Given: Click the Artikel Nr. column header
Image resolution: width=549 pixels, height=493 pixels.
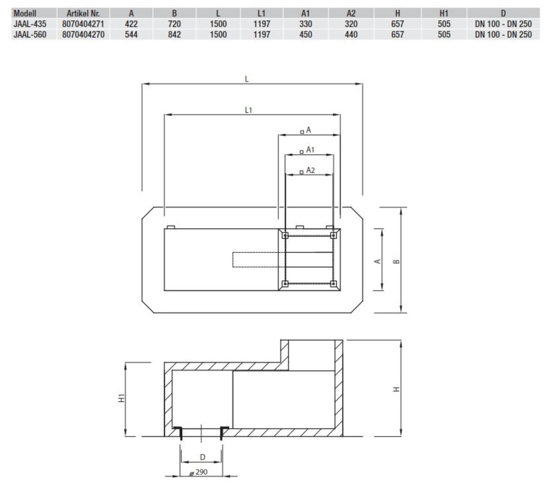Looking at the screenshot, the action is pyautogui.click(x=83, y=13).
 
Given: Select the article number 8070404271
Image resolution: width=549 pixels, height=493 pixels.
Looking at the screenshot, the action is pyautogui.click(x=83, y=24).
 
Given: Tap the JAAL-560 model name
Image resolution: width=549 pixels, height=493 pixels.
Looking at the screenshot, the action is pyautogui.click(x=30, y=35).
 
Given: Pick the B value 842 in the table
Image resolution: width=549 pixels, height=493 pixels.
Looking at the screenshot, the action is pyautogui.click(x=175, y=35).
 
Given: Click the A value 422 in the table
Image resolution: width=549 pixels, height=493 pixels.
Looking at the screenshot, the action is pyautogui.click(x=131, y=24).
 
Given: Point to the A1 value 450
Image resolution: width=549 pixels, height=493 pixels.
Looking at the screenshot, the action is pyautogui.click(x=306, y=35).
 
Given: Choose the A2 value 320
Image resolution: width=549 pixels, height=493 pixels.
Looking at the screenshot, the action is pyautogui.click(x=351, y=24).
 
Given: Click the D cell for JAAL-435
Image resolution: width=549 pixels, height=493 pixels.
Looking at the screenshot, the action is pyautogui.click(x=503, y=24).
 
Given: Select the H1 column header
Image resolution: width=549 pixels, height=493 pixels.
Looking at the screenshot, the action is pyautogui.click(x=444, y=13).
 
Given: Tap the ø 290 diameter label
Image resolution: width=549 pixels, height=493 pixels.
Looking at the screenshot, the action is pyautogui.click(x=199, y=472).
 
